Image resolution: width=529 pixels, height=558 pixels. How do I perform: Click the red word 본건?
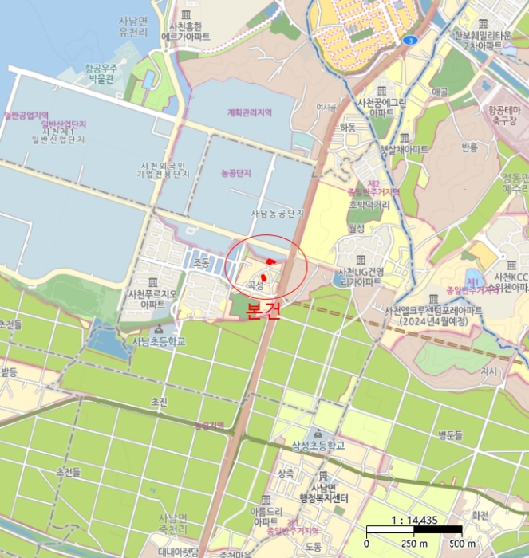tap(263, 311)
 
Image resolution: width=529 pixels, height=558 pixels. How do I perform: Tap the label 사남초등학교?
tap(158, 341)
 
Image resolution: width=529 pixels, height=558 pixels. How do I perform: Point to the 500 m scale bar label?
tap(463, 544)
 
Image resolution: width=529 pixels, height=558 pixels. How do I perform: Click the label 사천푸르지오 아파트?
tap(152, 299)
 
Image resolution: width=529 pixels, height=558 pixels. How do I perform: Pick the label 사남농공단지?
tap(278, 214)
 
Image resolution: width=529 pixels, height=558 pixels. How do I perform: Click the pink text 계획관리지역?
tap(249, 113)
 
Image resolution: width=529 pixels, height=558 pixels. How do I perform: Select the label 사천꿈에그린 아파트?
tap(382, 108)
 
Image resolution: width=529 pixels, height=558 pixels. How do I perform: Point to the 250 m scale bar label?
tap(413, 544)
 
